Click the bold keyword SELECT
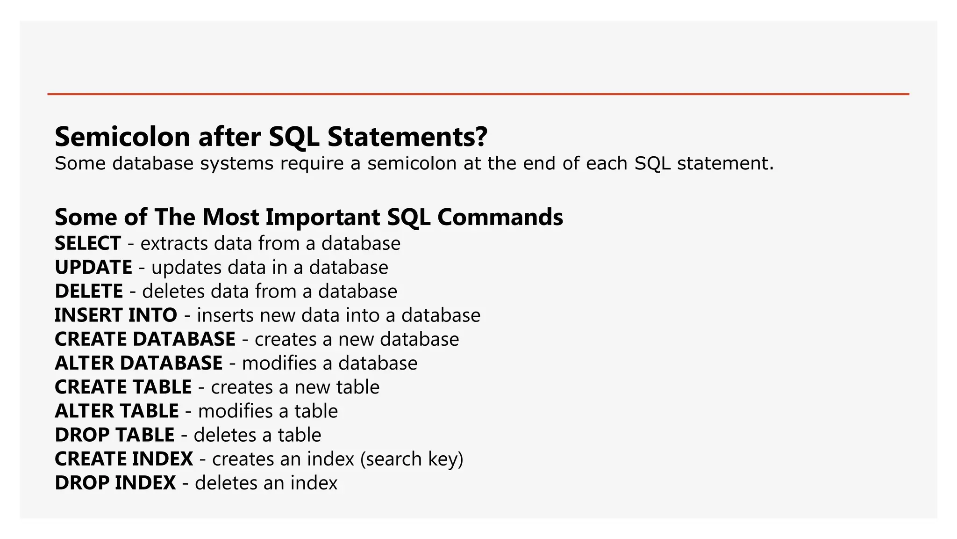pyautogui.click(x=88, y=243)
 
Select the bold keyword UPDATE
pyautogui.click(x=93, y=267)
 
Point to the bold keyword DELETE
pyautogui.click(x=89, y=291)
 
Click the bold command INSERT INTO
pyautogui.click(x=116, y=315)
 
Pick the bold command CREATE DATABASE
pyautogui.click(x=145, y=339)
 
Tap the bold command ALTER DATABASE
pyautogui.click(x=139, y=363)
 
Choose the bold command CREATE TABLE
pyautogui.click(x=123, y=387)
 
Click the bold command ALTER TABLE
pyautogui.click(x=117, y=411)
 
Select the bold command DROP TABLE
pyautogui.click(x=114, y=435)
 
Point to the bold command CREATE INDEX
pyautogui.click(x=124, y=459)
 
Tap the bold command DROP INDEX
pyautogui.click(x=115, y=483)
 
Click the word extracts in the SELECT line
pyautogui.click(x=174, y=244)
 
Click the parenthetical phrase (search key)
pyautogui.click(x=412, y=459)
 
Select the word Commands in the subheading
pyautogui.click(x=500, y=217)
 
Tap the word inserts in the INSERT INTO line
pyautogui.click(x=225, y=315)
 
